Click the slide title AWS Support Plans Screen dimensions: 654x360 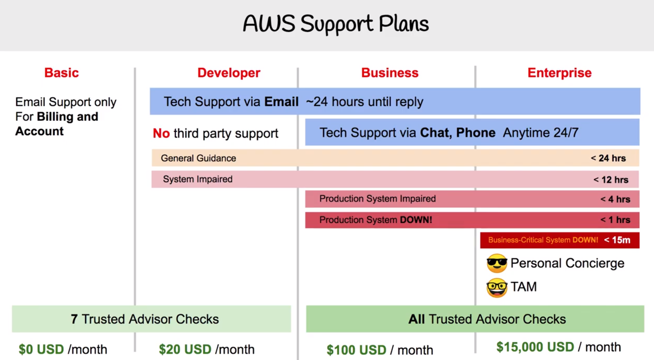click(x=336, y=24)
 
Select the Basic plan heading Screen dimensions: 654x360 click(x=61, y=73)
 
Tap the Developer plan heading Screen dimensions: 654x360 click(x=229, y=73)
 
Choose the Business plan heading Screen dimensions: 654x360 click(x=390, y=73)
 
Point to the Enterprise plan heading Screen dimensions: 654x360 click(x=560, y=73)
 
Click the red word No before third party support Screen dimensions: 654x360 click(x=161, y=133)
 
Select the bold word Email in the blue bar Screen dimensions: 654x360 click(x=281, y=102)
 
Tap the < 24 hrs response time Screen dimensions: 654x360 click(x=608, y=158)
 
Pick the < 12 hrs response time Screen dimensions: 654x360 click(x=611, y=180)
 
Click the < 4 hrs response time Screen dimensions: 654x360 click(x=615, y=199)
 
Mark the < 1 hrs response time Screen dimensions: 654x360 click(x=615, y=220)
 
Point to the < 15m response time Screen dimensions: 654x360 click(x=617, y=240)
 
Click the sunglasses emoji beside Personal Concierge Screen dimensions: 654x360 click(x=497, y=263)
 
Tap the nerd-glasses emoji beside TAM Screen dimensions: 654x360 click(x=497, y=288)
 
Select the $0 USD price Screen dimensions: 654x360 click(x=41, y=349)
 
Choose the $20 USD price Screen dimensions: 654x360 click(x=185, y=349)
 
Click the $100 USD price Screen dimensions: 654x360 click(x=356, y=350)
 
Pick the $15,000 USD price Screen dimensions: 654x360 click(x=535, y=347)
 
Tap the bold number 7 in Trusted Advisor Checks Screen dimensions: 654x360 click(x=74, y=319)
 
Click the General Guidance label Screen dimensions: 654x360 click(x=198, y=158)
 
